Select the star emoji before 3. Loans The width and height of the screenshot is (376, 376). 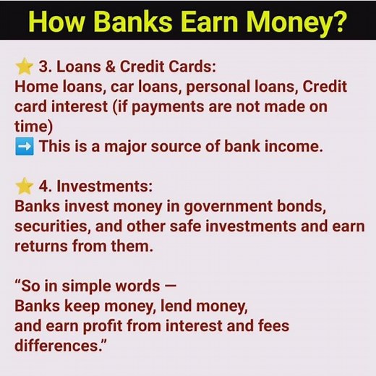[25, 67]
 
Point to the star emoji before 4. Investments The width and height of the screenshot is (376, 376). [25, 186]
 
